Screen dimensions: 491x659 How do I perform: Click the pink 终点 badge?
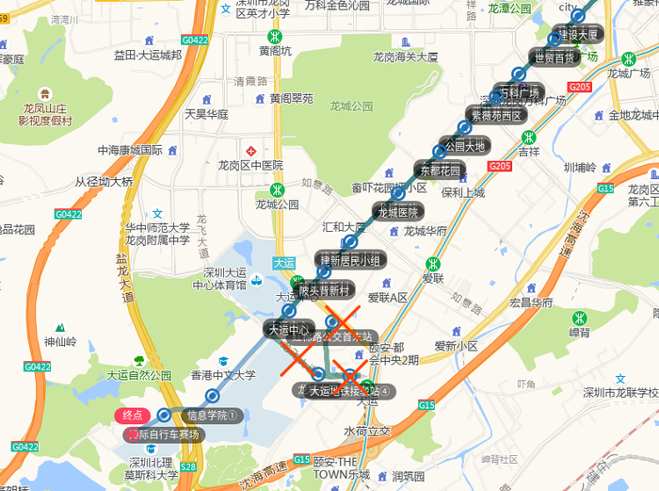pos(133,415)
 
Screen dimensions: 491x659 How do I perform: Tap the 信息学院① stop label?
pos(214,415)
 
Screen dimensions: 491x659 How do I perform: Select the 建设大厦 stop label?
pos(577,34)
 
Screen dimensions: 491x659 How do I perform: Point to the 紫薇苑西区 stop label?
pos(496,116)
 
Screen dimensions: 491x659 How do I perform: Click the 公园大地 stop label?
pos(464,146)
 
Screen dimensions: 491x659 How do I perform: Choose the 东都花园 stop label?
pos(440,172)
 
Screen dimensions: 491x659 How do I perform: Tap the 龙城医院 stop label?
pos(397,212)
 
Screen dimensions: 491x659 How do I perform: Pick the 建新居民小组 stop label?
pos(349,259)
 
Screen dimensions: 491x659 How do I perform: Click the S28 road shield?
pos(188,466)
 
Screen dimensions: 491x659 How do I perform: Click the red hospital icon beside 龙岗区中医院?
pos(250,151)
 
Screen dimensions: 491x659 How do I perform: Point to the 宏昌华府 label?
pos(531,303)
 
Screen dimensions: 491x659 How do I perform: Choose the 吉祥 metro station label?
pos(529,150)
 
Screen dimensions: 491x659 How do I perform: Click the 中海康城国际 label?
pos(131,150)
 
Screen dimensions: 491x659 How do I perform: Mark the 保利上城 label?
pos(462,192)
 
